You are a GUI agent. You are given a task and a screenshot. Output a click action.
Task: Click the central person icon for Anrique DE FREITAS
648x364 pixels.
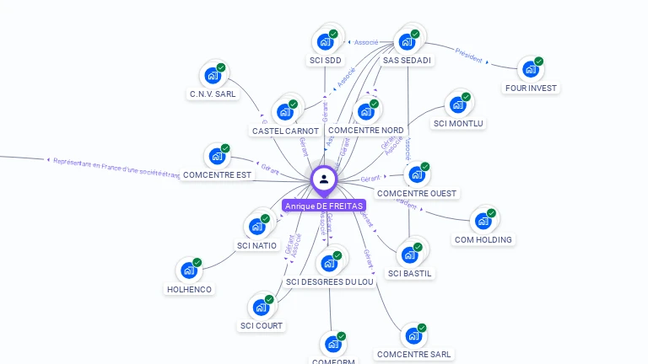pyautogui.click(x=324, y=179)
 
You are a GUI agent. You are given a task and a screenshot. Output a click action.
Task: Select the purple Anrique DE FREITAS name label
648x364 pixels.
pyautogui.click(x=324, y=206)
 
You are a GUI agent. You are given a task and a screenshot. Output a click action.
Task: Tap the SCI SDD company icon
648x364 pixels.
pyautogui.click(x=325, y=41)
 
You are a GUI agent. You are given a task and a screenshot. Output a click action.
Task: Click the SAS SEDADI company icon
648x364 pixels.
pyautogui.click(x=408, y=41)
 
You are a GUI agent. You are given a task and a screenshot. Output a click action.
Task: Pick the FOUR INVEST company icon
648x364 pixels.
pyautogui.click(x=531, y=69)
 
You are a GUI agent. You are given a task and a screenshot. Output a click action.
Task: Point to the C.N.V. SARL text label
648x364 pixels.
pyautogui.click(x=213, y=94)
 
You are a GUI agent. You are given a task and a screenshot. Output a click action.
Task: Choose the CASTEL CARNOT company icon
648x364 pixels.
pyautogui.click(x=285, y=111)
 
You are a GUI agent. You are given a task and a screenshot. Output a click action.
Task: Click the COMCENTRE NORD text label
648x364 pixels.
pyautogui.click(x=365, y=131)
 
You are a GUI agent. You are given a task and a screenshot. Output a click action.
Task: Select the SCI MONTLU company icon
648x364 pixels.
pyautogui.click(x=458, y=104)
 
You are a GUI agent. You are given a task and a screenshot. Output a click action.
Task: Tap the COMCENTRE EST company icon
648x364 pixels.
pyautogui.click(x=217, y=156)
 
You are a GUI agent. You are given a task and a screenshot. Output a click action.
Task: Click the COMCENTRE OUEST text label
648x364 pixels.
pyautogui.click(x=417, y=194)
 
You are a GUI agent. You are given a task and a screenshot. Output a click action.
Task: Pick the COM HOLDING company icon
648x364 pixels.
pyautogui.click(x=483, y=221)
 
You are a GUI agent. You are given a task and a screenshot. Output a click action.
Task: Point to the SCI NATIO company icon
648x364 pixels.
pyautogui.click(x=256, y=227)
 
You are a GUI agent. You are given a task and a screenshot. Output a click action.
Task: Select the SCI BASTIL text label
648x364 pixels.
pyautogui.click(x=411, y=273)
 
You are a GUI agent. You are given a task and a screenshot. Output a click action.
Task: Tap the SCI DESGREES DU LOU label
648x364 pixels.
pyautogui.click(x=330, y=282)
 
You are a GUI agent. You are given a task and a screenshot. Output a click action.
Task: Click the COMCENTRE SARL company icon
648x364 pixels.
pyautogui.click(x=413, y=336)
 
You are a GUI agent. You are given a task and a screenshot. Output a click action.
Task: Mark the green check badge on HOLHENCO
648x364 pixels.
pyautogui.click(x=197, y=262)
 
